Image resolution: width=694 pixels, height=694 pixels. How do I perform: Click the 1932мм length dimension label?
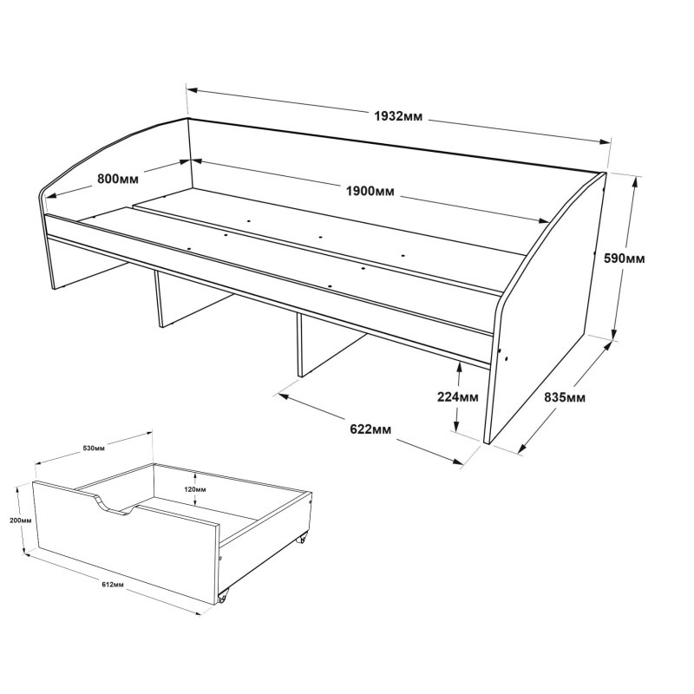pyautogui.click(x=398, y=117)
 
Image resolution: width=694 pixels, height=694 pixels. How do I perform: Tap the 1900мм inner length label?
pyautogui.click(x=370, y=192)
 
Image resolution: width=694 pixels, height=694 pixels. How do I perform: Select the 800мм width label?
pyautogui.click(x=118, y=179)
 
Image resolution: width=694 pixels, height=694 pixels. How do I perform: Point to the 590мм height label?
pyautogui.click(x=625, y=258)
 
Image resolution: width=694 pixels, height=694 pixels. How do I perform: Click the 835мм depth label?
pyautogui.click(x=565, y=397)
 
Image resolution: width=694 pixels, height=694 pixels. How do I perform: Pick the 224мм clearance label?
pyautogui.click(x=458, y=397)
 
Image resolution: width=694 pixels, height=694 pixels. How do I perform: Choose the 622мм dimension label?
pyautogui.click(x=370, y=429)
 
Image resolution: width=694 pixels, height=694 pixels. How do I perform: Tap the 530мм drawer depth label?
pyautogui.click(x=94, y=448)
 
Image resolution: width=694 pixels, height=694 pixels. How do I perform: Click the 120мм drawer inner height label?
pyautogui.click(x=195, y=489)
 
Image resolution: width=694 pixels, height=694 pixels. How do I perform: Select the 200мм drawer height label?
pyautogui.click(x=20, y=520)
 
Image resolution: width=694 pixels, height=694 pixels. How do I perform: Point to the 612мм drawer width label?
pyautogui.click(x=113, y=585)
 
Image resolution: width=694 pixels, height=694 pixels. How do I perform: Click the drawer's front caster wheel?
pyautogui.click(x=223, y=598)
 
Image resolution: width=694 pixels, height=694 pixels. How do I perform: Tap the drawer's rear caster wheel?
pyautogui.click(x=302, y=539)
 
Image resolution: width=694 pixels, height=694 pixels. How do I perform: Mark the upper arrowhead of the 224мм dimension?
pyautogui.click(x=459, y=367)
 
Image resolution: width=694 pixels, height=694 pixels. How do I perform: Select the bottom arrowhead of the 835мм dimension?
pyautogui.click(x=522, y=448)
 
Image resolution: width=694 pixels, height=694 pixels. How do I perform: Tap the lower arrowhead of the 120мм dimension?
pyautogui.click(x=195, y=501)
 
